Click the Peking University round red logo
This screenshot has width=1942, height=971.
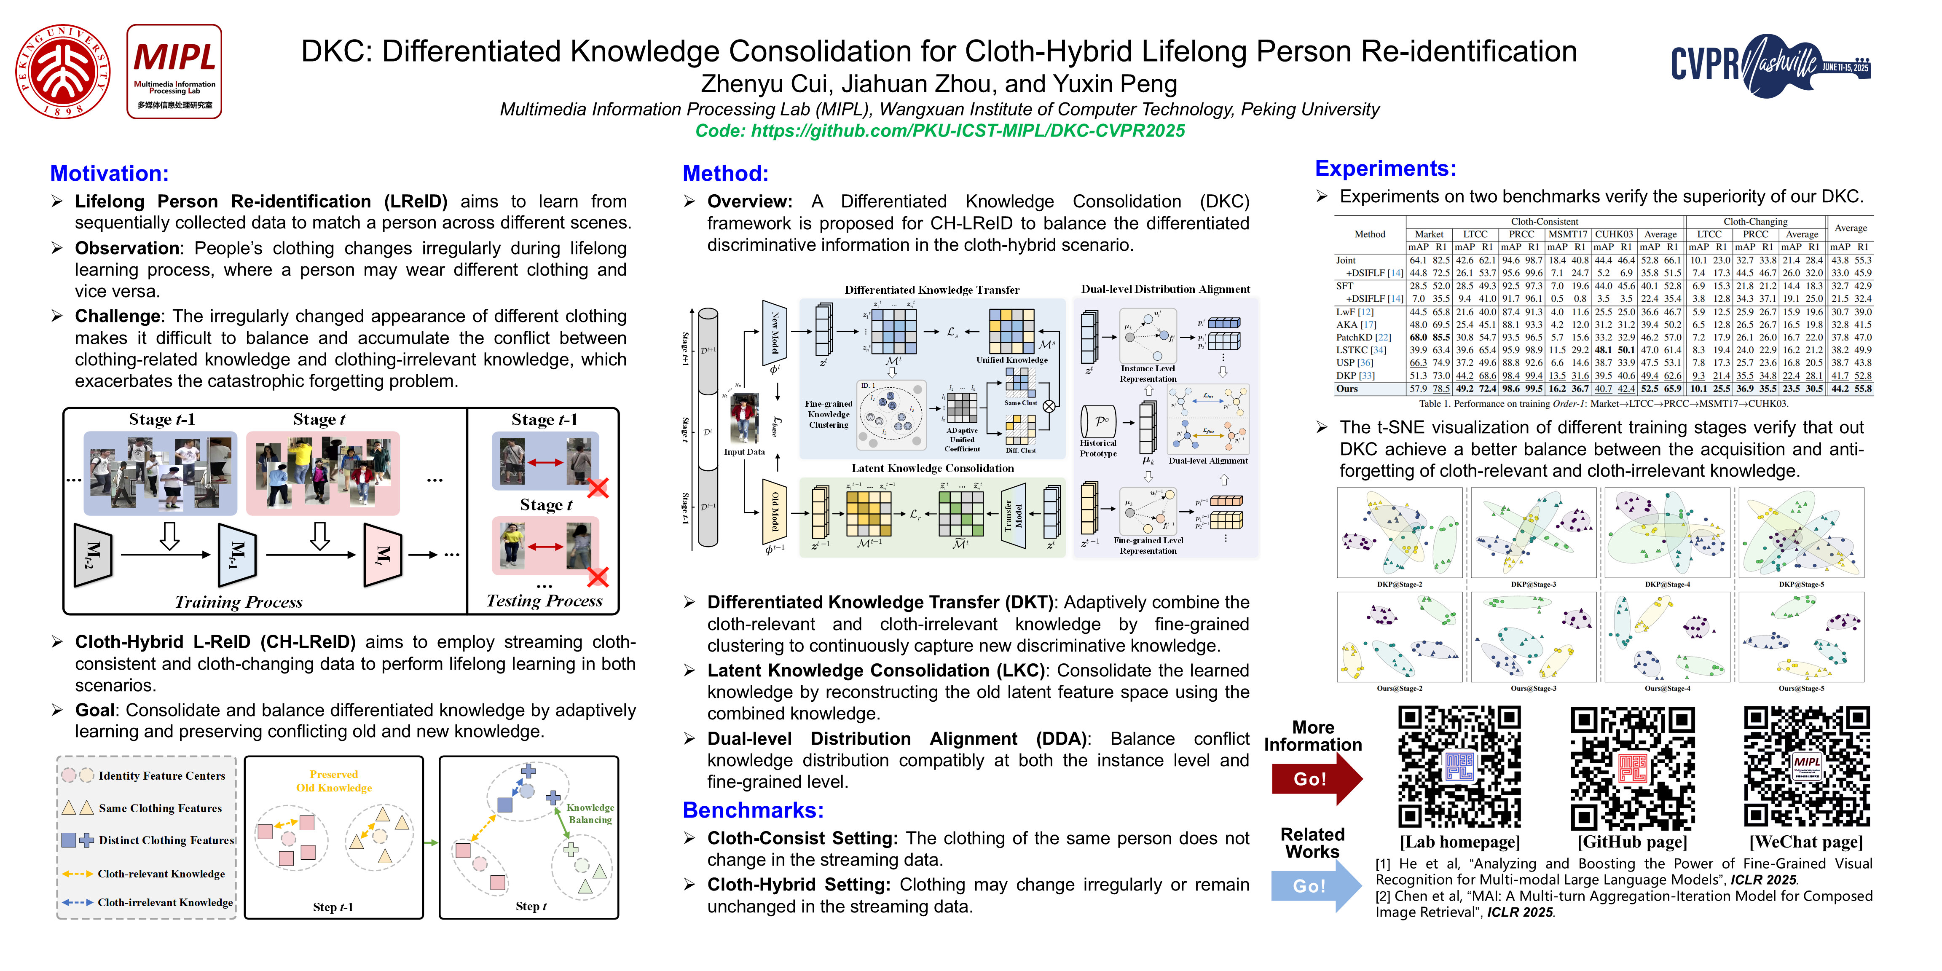click(x=63, y=72)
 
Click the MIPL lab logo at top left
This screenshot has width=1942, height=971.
click(x=174, y=72)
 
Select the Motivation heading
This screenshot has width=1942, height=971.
click(x=109, y=173)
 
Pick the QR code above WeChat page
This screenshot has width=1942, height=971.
click(x=1806, y=767)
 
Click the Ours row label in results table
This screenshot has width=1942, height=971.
click(x=1347, y=389)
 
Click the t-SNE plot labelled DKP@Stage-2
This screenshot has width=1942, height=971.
click(x=1399, y=533)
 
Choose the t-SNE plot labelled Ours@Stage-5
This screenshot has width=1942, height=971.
click(x=1800, y=637)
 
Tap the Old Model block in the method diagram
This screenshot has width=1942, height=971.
click(x=774, y=512)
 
